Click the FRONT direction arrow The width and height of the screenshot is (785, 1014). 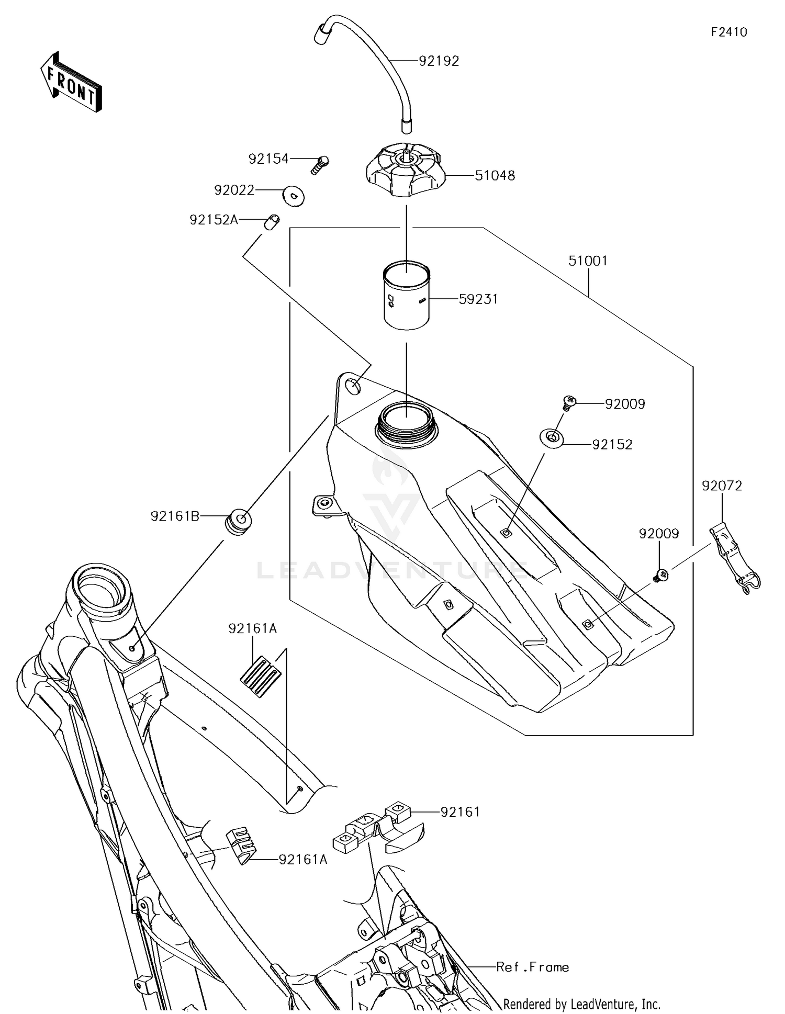(x=71, y=82)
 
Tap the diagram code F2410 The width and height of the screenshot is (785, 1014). (x=728, y=32)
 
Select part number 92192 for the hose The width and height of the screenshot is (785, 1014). (x=439, y=61)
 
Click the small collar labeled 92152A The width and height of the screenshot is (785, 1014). (x=271, y=222)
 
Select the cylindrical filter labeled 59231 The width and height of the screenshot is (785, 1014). (x=406, y=296)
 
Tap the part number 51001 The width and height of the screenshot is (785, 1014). (x=588, y=261)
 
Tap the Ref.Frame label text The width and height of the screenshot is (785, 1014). (x=532, y=967)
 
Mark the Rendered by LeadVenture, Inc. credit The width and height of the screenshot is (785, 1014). (x=581, y=1004)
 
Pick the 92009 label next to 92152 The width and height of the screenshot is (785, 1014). (x=625, y=404)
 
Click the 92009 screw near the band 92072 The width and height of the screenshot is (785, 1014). (x=661, y=576)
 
